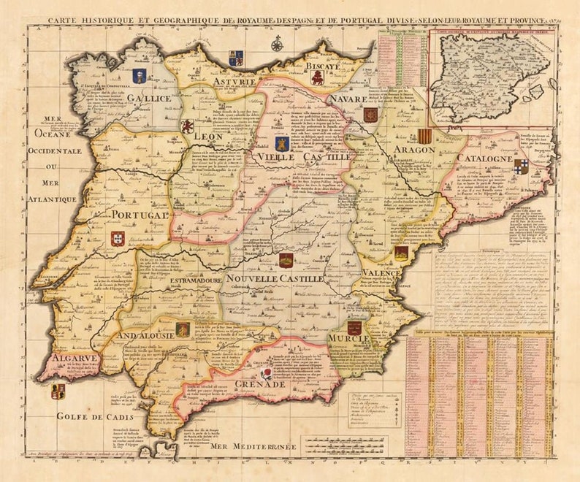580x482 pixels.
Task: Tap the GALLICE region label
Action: point(149,98)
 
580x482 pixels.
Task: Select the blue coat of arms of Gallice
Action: point(140,75)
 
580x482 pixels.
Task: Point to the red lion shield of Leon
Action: point(188,126)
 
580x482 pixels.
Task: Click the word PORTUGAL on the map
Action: point(140,215)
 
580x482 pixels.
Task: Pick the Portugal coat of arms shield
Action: point(118,238)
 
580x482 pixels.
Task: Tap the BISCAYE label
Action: point(322,66)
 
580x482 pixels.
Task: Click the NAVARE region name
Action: point(347,98)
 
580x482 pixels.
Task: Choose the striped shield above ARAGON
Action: point(424,136)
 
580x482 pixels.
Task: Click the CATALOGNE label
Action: point(484,158)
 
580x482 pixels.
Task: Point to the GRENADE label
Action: point(259,383)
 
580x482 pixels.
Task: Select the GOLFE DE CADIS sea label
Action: point(86,417)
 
